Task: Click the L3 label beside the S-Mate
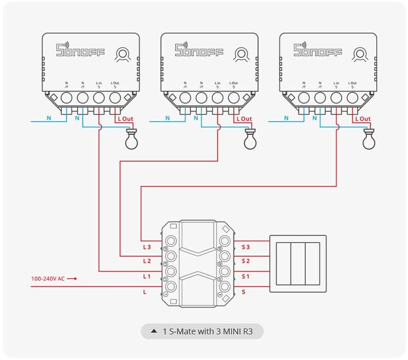click(x=147, y=247)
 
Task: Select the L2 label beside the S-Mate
click(x=147, y=261)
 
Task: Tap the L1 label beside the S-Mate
click(x=147, y=276)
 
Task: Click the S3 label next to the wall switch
click(x=246, y=247)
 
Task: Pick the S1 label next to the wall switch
click(x=246, y=276)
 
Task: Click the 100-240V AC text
click(x=48, y=278)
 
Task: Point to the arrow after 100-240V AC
click(x=72, y=278)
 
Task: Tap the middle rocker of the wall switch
click(x=298, y=263)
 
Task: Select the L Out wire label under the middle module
click(x=244, y=119)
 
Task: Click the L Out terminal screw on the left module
click(x=115, y=98)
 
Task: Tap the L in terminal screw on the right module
click(x=336, y=98)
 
